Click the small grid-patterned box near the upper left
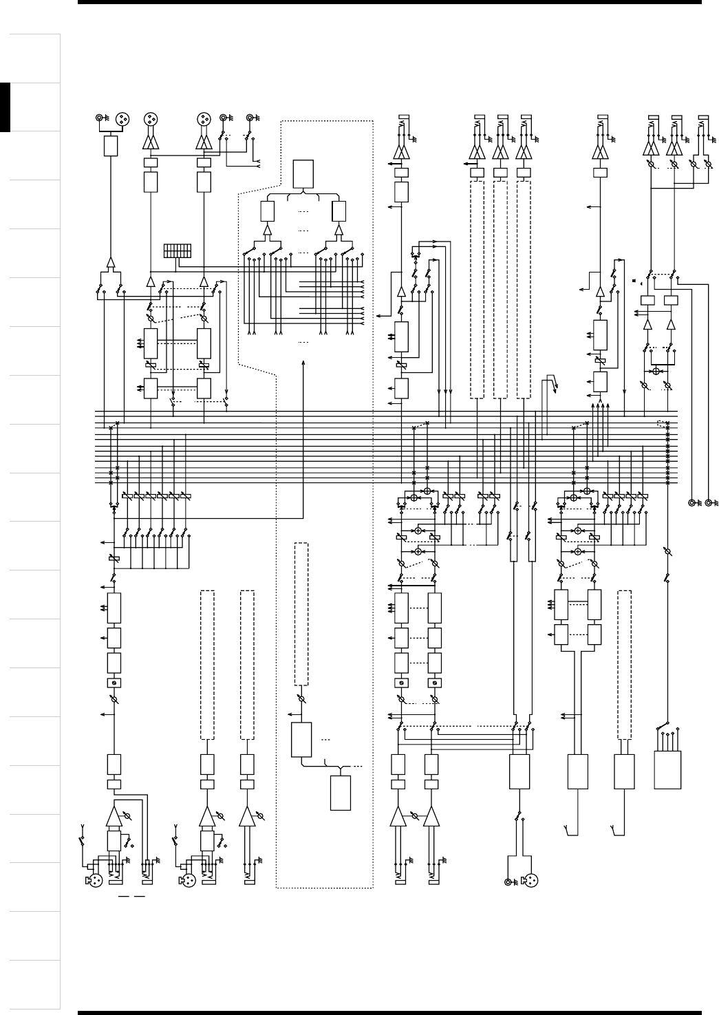[178, 250]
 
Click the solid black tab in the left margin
[6, 107]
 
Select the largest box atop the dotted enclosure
[303, 173]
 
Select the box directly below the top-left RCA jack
[110, 145]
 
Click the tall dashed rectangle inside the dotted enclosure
[301, 614]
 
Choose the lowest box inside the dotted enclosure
[340, 793]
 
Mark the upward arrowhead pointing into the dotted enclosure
[303, 362]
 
